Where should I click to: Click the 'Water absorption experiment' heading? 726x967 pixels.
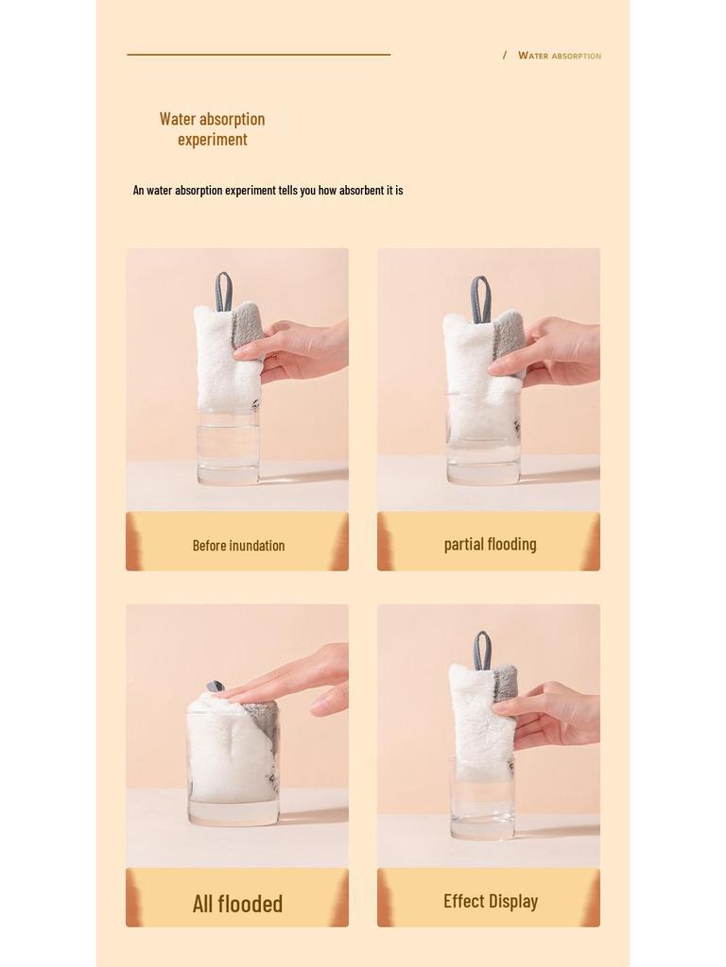[212, 128]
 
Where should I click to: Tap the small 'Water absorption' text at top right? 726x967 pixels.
[559, 56]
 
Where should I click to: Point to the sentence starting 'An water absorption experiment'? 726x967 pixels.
[268, 190]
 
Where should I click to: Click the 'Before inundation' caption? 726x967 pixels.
[238, 545]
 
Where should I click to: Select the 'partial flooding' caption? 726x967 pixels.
[490, 544]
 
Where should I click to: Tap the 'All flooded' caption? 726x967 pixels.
[237, 904]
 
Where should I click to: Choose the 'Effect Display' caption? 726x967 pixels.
[490, 901]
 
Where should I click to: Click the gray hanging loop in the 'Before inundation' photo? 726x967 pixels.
[223, 292]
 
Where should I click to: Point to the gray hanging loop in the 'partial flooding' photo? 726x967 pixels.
[480, 297]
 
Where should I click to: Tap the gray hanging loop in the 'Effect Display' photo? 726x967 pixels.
[482, 650]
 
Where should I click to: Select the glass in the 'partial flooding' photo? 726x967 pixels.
[483, 444]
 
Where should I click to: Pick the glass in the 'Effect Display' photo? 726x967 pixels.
[482, 803]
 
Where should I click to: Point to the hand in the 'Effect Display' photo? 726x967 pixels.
[554, 714]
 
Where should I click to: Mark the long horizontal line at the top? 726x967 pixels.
[258, 55]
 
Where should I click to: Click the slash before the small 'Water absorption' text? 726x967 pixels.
[505, 56]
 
